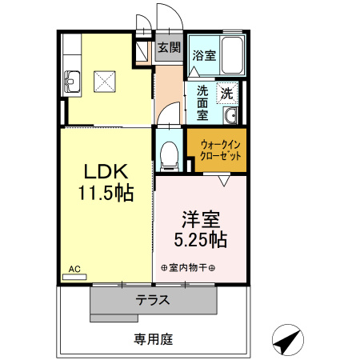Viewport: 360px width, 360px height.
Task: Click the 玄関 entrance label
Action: [170, 47]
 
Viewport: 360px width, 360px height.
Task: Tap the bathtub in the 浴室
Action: [232, 55]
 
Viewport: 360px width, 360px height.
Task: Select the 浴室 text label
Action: [204, 55]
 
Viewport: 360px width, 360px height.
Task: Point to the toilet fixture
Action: [169, 156]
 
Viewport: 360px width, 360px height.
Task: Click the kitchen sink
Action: [72, 82]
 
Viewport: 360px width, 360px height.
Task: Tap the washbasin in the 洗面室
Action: [230, 116]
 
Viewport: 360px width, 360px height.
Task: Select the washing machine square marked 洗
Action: [227, 93]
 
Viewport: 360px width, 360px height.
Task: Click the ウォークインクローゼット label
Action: [221, 150]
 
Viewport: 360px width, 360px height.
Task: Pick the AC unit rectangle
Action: [74, 277]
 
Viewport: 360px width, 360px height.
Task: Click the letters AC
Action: [74, 269]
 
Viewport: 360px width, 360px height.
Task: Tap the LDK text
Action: [106, 171]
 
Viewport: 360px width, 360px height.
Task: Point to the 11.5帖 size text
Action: [106, 193]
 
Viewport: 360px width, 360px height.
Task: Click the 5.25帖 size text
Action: [201, 239]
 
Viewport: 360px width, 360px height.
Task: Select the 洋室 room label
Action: [201, 219]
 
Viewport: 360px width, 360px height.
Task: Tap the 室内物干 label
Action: [188, 267]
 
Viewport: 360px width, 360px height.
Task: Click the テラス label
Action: [153, 300]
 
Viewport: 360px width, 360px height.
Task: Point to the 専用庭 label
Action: [154, 339]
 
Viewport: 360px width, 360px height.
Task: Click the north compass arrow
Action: [288, 340]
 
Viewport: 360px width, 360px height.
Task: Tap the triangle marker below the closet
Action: [224, 181]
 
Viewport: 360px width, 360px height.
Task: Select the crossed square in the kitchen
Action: [105, 82]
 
